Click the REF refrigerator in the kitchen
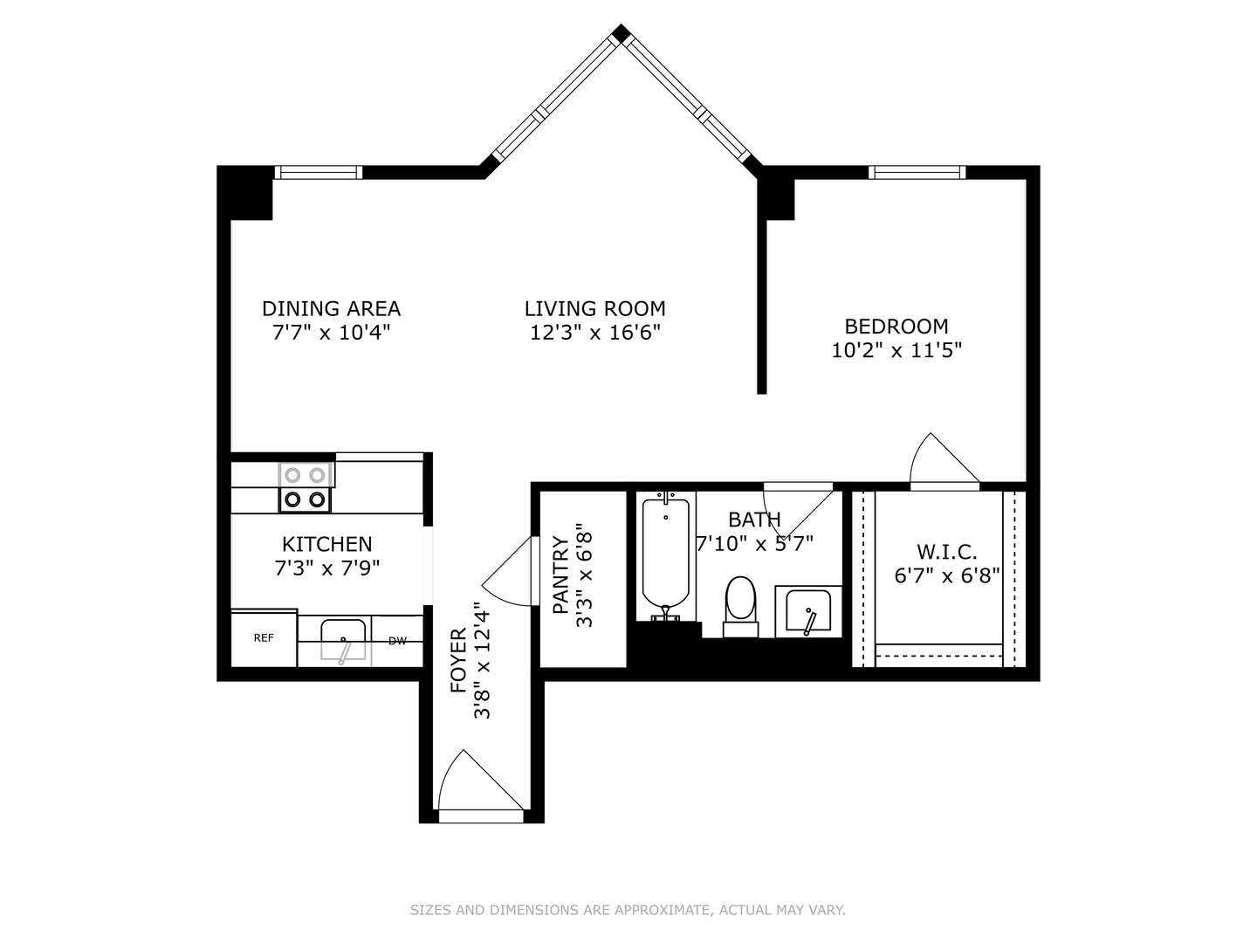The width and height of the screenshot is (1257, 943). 264,638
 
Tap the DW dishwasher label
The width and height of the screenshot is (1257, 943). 397,641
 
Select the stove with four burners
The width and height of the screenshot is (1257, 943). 306,487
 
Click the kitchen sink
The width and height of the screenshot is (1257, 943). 343,640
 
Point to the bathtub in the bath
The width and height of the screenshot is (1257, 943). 666,554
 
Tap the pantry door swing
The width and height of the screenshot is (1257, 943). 511,572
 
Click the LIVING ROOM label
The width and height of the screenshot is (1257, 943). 594,308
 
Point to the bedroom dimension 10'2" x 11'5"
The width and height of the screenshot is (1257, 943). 896,350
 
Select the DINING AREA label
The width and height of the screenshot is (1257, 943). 331,308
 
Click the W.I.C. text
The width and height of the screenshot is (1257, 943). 946,552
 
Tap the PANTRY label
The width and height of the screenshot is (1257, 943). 560,575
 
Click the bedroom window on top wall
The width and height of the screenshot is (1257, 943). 917,172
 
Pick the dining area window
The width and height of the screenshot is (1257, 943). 318,172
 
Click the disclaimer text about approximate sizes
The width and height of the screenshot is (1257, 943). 628,910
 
